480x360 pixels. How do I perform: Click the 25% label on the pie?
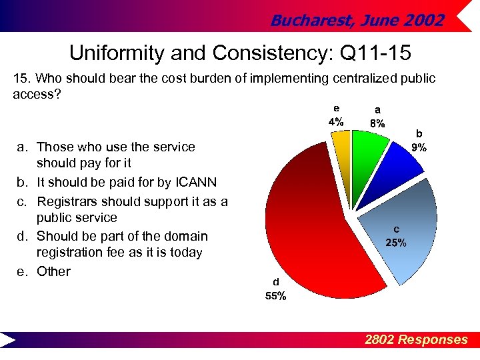(396, 243)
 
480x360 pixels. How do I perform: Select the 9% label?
(419, 148)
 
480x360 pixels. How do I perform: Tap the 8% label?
(377, 123)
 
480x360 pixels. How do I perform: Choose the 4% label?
(335, 122)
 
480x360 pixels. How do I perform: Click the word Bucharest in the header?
(309, 21)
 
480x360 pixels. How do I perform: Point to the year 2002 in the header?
(423, 21)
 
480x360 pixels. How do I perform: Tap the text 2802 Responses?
(416, 340)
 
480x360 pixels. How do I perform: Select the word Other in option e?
(53, 271)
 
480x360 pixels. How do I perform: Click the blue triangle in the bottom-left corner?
(9, 340)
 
